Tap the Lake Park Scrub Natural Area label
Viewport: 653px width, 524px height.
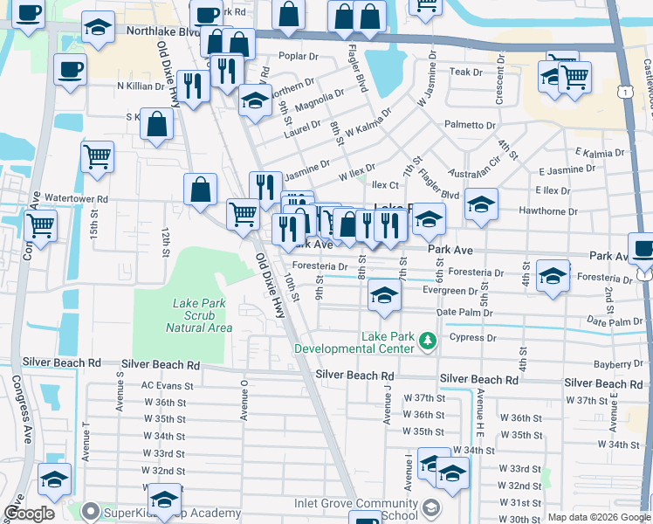[x=202, y=315]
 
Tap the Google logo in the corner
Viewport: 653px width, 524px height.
[x=30, y=514]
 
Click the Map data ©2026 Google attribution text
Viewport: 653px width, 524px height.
[x=599, y=517]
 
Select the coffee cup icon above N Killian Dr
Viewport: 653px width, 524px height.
[x=70, y=69]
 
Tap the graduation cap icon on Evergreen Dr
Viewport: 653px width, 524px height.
[x=384, y=294]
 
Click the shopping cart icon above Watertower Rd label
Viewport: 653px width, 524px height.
[x=98, y=157]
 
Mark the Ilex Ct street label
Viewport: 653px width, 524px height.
[x=385, y=185]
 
